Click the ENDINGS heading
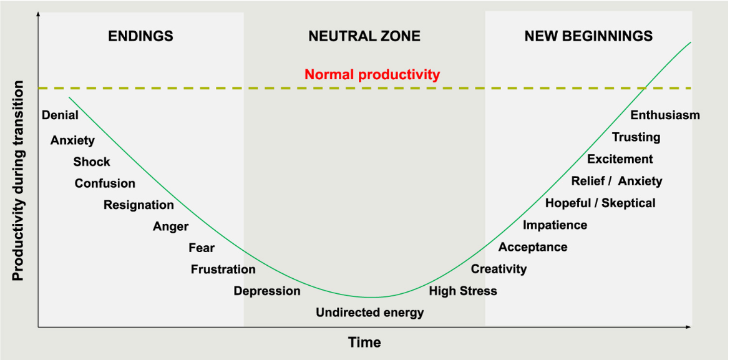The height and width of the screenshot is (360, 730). pyautogui.click(x=140, y=36)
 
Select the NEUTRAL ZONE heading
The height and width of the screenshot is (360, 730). pyautogui.click(x=364, y=36)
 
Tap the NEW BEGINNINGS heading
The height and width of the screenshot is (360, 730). pyautogui.click(x=588, y=36)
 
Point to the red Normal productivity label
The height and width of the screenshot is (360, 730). pyautogui.click(x=372, y=75)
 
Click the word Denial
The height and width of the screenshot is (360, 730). pyautogui.click(x=60, y=115)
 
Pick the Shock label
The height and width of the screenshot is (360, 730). pyautogui.click(x=92, y=162)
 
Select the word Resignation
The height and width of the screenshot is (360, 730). pyautogui.click(x=139, y=205)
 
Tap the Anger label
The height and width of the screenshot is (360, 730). pyautogui.click(x=170, y=226)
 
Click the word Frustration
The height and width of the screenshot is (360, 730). pyautogui.click(x=223, y=270)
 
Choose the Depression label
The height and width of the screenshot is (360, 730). pyautogui.click(x=267, y=291)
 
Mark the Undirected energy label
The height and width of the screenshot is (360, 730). pyautogui.click(x=369, y=313)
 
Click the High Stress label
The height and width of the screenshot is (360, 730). pyautogui.click(x=463, y=291)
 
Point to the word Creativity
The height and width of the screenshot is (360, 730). pyautogui.click(x=499, y=269)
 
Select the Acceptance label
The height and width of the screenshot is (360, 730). pyautogui.click(x=533, y=247)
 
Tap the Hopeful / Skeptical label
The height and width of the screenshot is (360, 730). pyautogui.click(x=600, y=203)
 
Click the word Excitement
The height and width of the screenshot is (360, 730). pyautogui.click(x=620, y=159)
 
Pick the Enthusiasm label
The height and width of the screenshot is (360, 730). pyautogui.click(x=665, y=115)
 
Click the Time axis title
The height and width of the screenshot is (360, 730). pyautogui.click(x=364, y=342)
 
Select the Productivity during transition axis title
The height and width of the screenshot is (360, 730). pyautogui.click(x=18, y=181)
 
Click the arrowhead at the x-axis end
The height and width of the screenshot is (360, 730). pyautogui.click(x=689, y=326)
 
